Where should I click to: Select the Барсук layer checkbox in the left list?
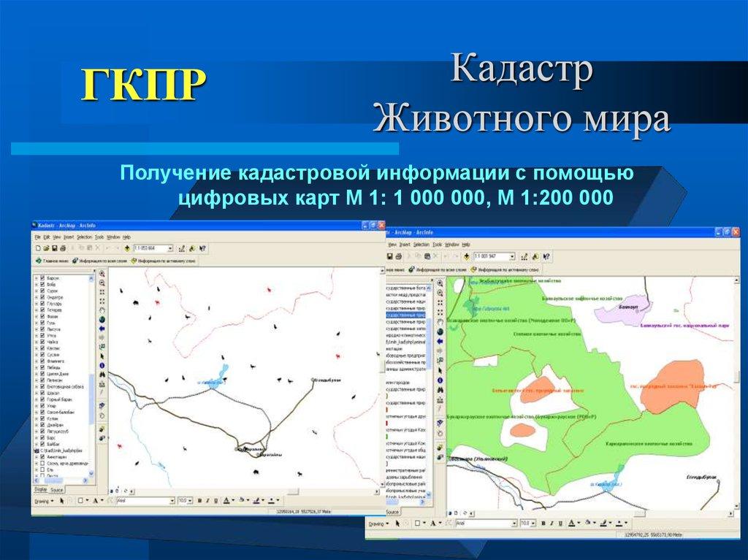click(42, 279)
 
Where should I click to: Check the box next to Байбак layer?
click(42, 443)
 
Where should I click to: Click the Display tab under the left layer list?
click(40, 489)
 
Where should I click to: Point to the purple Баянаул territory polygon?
click(621, 314)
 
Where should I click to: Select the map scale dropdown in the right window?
click(495, 256)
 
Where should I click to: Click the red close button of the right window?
click(737, 231)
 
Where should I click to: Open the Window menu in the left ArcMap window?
click(113, 237)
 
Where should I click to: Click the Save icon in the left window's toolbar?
click(53, 248)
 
